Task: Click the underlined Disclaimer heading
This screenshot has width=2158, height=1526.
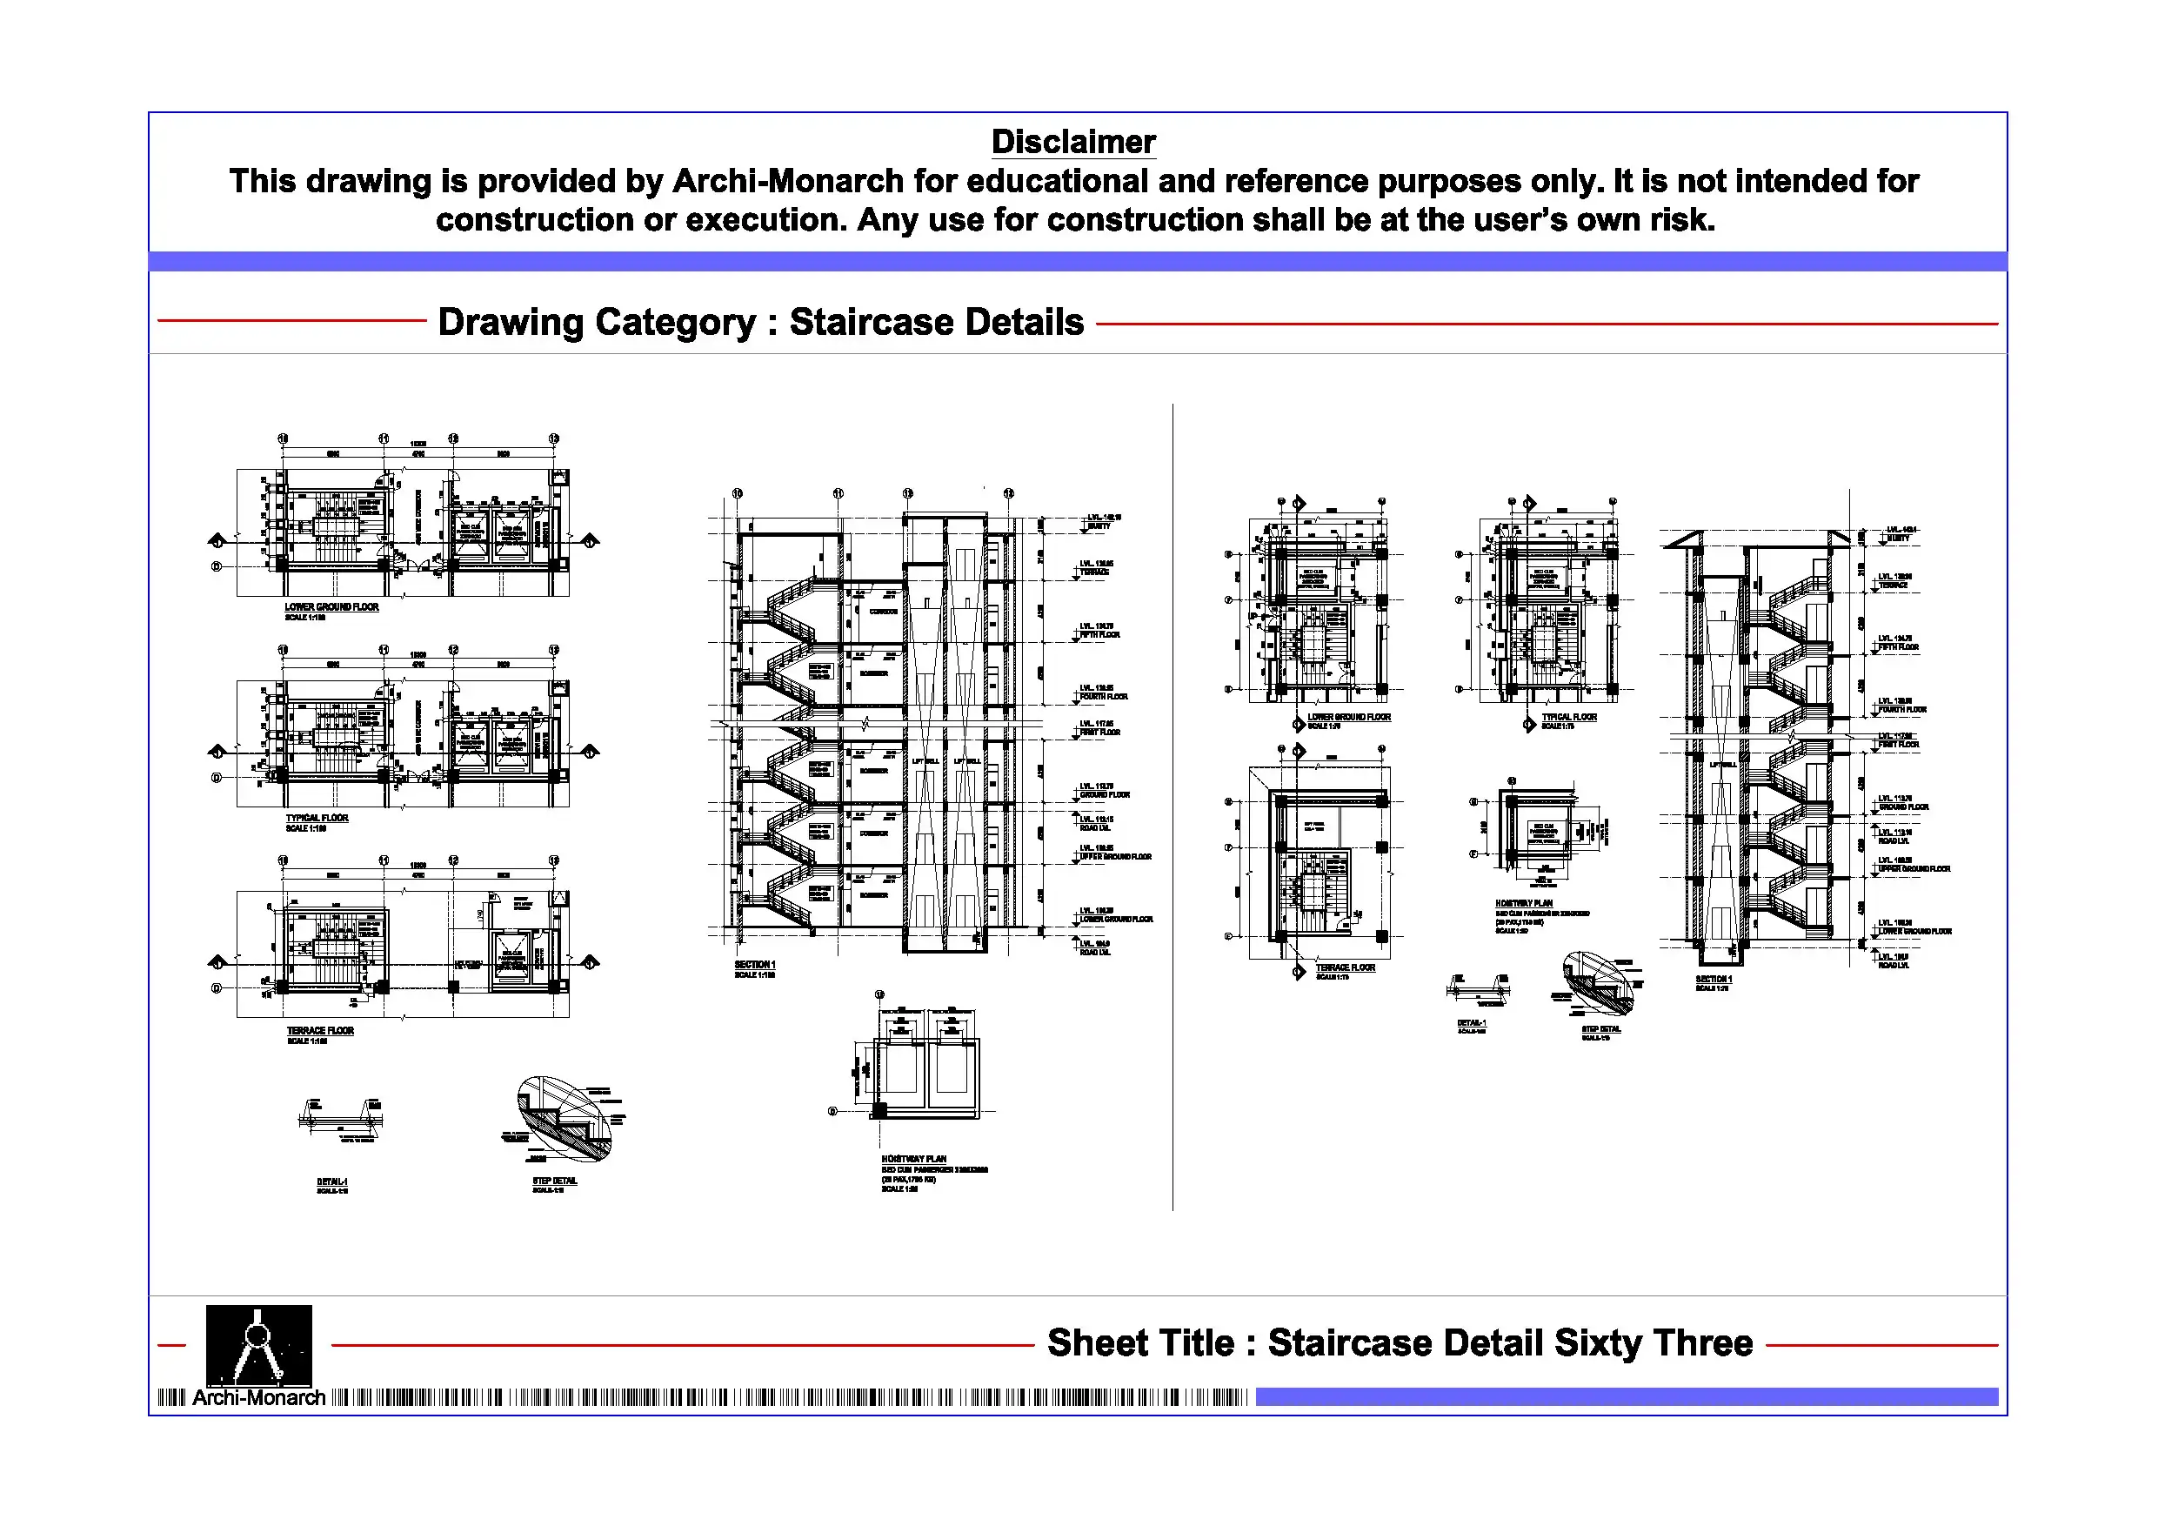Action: (1072, 142)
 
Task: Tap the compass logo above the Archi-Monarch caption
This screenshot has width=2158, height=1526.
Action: (258, 1344)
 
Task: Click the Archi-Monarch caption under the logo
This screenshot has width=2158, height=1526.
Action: (258, 1398)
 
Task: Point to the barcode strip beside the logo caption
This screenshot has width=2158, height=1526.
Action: (790, 1398)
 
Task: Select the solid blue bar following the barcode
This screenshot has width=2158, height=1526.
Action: (1626, 1397)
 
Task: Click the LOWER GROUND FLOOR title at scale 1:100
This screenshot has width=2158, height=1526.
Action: (331, 607)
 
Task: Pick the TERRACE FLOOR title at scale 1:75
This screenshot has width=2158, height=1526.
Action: (1345, 967)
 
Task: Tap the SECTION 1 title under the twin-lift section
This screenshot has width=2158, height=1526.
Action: (755, 966)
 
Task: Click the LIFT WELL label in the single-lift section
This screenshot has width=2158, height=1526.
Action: (1722, 765)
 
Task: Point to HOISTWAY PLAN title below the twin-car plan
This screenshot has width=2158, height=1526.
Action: (913, 1160)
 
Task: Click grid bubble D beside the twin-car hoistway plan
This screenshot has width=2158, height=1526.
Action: (832, 1111)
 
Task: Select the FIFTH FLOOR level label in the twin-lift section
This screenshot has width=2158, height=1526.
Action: (1099, 634)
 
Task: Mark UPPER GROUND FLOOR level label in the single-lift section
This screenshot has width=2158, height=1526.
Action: (1914, 869)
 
